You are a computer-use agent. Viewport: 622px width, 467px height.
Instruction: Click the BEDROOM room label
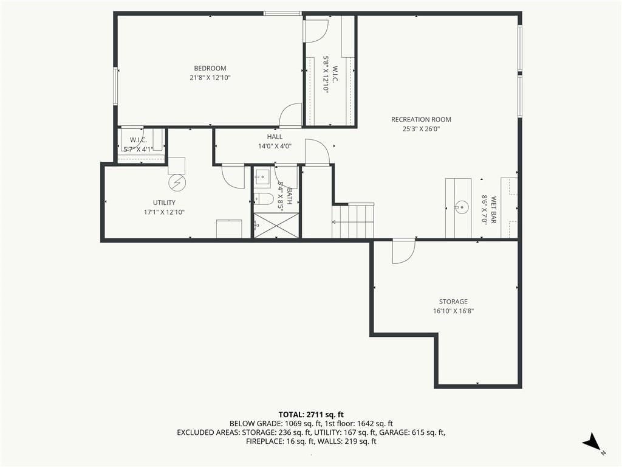210,68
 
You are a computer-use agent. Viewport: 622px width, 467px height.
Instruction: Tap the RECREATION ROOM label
421,120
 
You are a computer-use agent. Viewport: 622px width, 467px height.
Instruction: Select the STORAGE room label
453,302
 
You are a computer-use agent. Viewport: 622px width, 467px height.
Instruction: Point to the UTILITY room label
164,202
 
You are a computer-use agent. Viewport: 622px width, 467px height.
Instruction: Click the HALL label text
275,137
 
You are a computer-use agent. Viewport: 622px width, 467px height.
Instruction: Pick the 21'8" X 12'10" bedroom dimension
210,78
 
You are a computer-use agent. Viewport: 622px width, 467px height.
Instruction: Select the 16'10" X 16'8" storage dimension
453,311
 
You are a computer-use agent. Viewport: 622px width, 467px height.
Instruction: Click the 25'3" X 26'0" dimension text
421,129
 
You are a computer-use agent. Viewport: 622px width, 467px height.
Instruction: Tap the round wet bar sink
462,207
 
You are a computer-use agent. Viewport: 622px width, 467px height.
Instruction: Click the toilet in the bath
264,199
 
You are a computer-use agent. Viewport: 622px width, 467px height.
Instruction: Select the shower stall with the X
276,226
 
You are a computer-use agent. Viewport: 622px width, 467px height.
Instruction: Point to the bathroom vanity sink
262,177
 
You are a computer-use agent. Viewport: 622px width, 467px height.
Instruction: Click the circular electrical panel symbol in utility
177,182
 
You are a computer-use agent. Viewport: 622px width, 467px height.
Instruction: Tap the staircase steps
353,221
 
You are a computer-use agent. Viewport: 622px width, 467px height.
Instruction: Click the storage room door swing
403,252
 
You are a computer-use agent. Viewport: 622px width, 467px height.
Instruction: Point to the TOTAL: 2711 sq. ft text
311,415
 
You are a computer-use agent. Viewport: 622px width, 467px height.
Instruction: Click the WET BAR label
493,210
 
